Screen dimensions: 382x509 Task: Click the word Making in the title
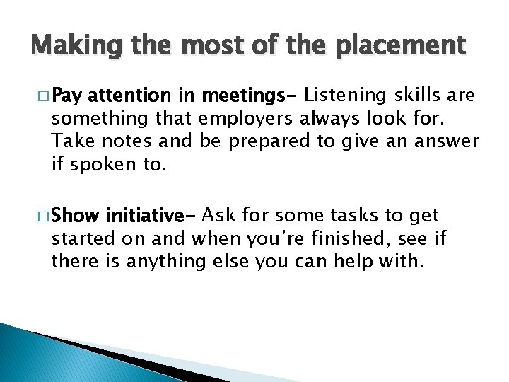point(67,46)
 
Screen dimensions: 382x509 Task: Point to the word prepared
point(268,141)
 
